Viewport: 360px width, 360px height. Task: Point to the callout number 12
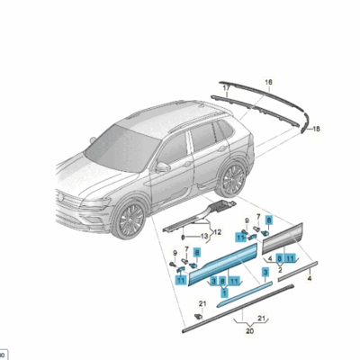pos(216,233)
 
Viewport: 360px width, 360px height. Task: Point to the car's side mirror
pos(163,166)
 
